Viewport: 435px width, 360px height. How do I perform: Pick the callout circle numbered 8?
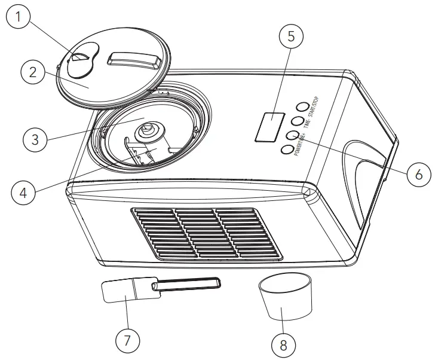tap(283, 344)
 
